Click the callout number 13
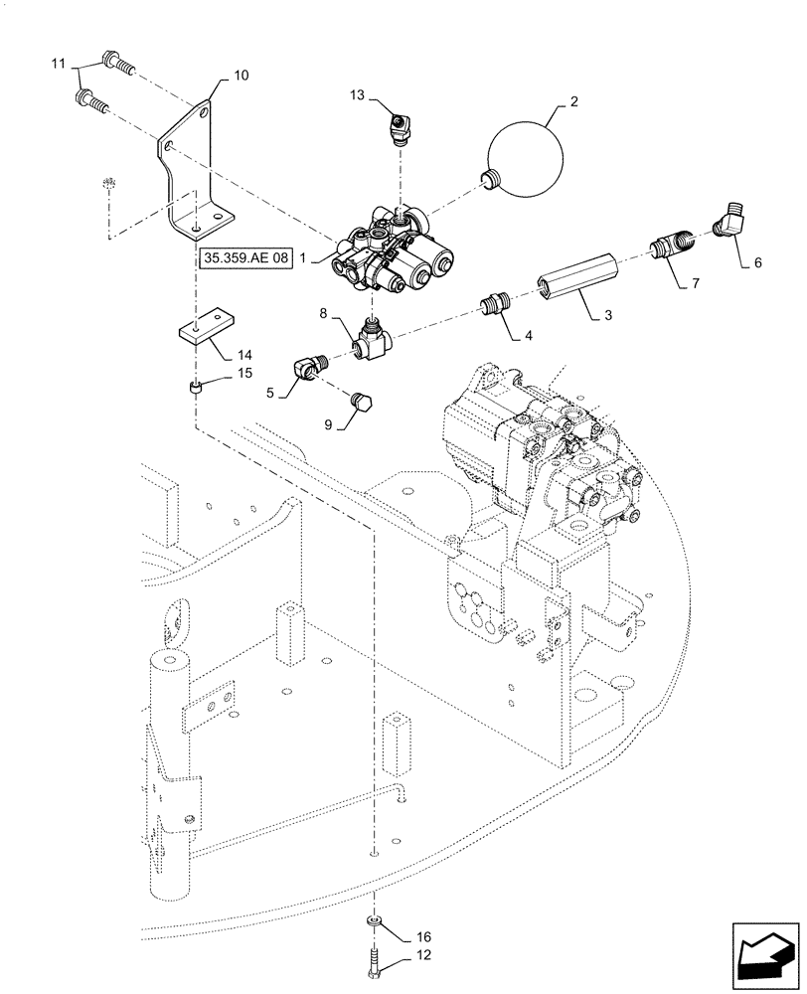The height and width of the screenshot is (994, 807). pyautogui.click(x=358, y=94)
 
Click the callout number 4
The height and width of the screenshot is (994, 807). pyautogui.click(x=527, y=336)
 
